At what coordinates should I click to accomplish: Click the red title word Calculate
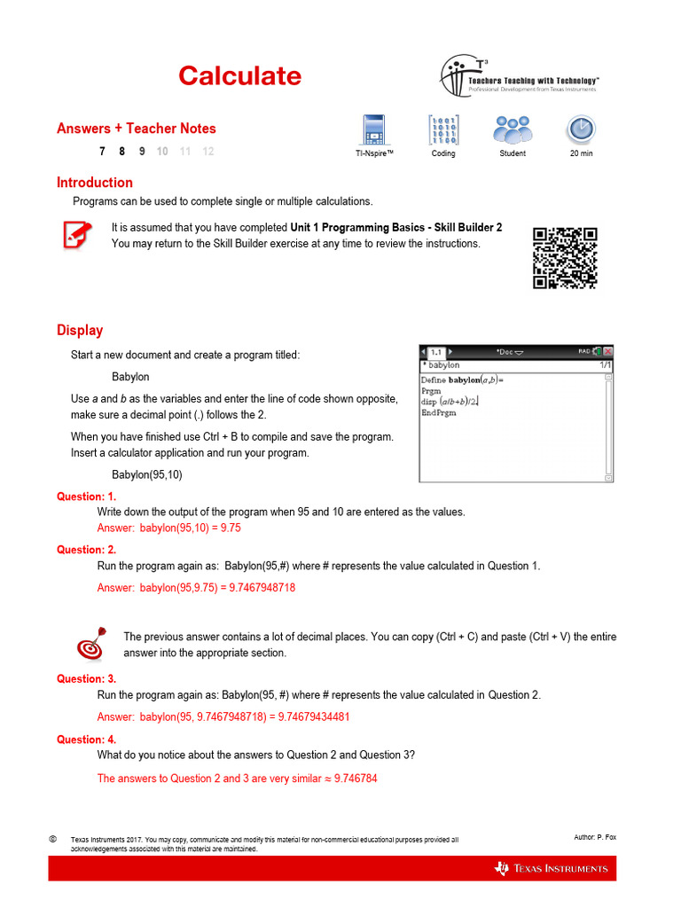(239, 76)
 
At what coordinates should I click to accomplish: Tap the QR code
(564, 258)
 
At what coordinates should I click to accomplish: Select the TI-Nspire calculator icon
(373, 129)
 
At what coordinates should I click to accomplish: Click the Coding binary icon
(443, 129)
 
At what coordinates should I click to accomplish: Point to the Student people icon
(512, 129)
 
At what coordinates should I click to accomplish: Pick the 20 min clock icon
(581, 129)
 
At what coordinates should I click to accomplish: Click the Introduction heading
(95, 183)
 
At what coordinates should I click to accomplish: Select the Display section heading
(80, 331)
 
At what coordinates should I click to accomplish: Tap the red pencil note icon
(75, 236)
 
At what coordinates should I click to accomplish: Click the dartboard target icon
(92, 645)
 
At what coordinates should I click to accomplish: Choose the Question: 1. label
(86, 497)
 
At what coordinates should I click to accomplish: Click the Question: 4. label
(86, 740)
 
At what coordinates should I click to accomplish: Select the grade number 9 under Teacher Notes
(142, 152)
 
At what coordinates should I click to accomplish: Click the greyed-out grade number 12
(207, 152)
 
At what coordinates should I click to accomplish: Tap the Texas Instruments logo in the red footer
(552, 868)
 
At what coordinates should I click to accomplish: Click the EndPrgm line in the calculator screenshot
(438, 413)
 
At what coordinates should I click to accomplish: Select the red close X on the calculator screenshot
(608, 352)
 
